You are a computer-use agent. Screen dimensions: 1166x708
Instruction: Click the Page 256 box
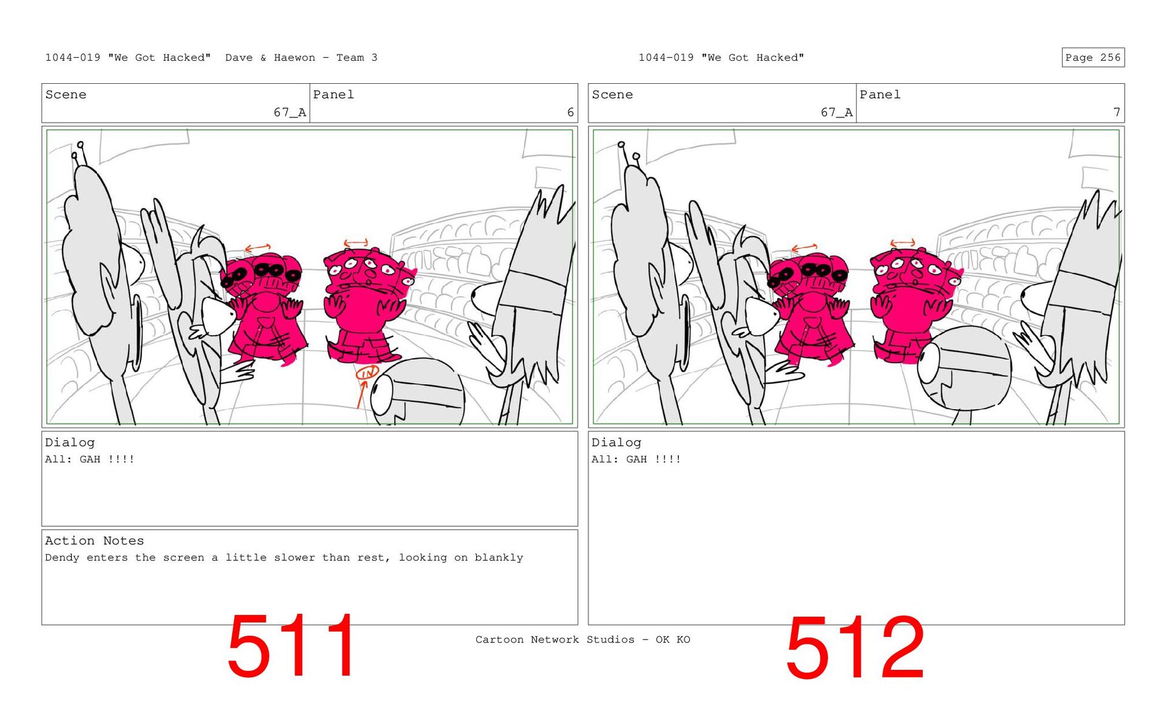coord(1093,57)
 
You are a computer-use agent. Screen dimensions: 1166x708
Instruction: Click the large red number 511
coord(292,646)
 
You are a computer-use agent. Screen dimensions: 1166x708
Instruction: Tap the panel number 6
coord(570,112)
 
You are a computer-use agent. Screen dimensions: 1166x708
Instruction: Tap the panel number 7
coord(1116,112)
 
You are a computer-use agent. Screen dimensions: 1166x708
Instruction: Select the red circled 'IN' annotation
coord(367,372)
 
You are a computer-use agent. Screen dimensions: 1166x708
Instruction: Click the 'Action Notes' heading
coord(94,540)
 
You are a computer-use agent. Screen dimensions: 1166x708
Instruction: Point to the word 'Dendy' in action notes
coord(62,557)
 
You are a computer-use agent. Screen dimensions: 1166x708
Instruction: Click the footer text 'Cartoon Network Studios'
coord(554,639)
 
